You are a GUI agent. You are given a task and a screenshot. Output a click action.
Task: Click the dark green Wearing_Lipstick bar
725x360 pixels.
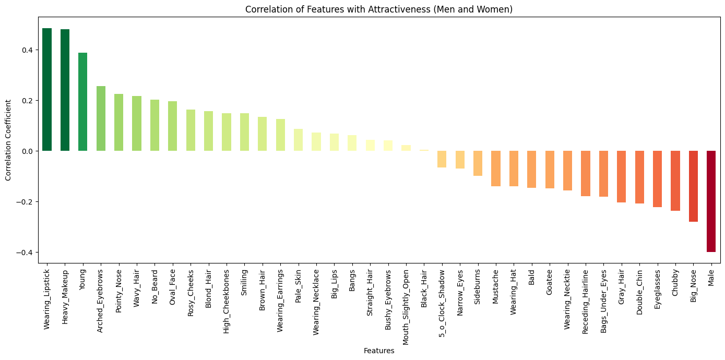(47, 89)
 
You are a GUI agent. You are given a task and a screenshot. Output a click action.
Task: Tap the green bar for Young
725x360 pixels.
(83, 102)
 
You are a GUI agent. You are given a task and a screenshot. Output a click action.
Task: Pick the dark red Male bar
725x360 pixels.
(711, 201)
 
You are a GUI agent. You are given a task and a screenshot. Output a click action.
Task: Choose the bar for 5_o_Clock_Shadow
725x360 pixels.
(442, 159)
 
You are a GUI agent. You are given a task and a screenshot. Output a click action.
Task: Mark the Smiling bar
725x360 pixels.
(244, 132)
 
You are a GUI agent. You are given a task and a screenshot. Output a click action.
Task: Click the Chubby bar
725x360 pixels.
(675, 181)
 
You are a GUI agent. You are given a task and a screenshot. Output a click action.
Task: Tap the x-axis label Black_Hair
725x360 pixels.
(424, 286)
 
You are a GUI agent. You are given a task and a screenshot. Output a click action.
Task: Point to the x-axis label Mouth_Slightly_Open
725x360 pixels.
(406, 300)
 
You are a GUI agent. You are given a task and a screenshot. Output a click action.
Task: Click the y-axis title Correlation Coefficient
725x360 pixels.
(8, 140)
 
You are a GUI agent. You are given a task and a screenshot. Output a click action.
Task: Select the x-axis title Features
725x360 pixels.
(378, 351)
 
